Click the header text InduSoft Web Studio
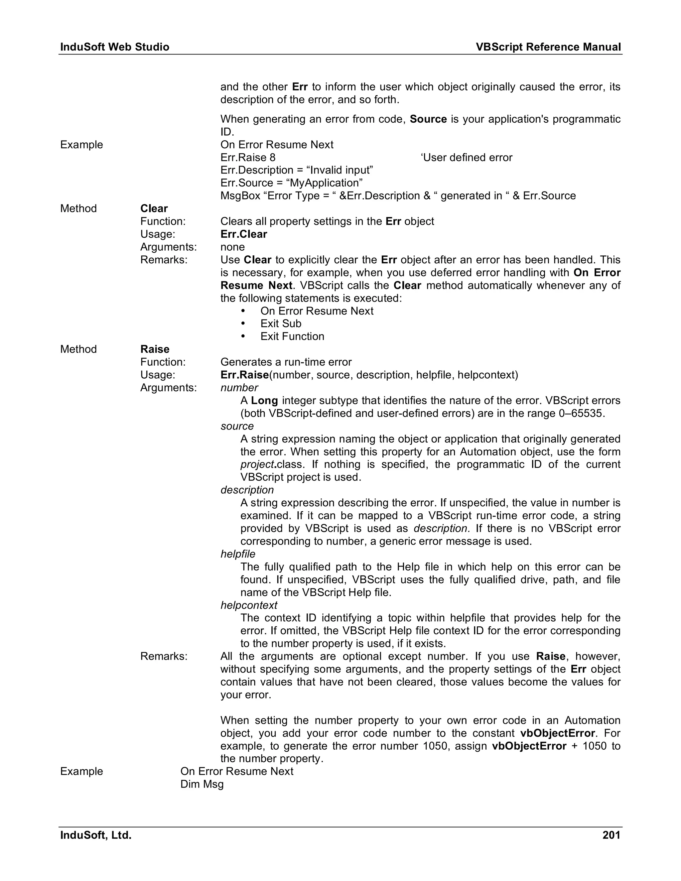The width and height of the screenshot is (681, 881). (x=115, y=47)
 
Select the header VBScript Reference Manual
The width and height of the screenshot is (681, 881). (x=548, y=47)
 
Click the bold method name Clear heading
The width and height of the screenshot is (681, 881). (x=154, y=208)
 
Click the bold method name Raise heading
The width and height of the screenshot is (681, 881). (x=155, y=349)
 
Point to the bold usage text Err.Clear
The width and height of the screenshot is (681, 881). (x=244, y=234)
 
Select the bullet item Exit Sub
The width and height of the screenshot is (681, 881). (x=281, y=323)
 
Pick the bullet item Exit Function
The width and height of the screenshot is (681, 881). (x=292, y=336)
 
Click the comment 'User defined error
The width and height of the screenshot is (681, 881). (x=467, y=157)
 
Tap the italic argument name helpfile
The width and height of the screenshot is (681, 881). (x=238, y=554)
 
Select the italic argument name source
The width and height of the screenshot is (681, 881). (x=237, y=426)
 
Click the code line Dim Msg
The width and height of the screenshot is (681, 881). (x=202, y=784)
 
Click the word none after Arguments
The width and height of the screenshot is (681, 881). (x=232, y=247)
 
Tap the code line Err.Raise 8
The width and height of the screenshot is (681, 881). (x=248, y=157)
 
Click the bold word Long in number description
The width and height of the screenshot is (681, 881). (x=264, y=401)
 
